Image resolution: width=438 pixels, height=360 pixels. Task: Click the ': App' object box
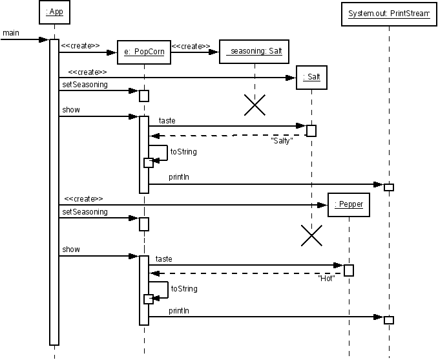pos(54,12)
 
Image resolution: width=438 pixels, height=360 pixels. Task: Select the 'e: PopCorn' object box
pos(144,52)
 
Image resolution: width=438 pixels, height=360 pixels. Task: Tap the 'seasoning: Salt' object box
pos(254,52)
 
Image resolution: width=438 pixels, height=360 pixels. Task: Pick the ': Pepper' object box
pos(349,205)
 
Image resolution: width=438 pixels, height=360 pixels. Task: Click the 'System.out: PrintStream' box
pos(389,14)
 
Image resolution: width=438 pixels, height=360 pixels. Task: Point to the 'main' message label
pos(11,33)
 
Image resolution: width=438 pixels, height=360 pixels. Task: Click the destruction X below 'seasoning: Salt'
pos(255,105)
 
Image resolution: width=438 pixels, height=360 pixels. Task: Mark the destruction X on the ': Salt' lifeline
pos(312,236)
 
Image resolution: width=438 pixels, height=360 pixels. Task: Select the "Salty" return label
pos(282,141)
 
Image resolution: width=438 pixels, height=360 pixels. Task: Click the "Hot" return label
pos(326,278)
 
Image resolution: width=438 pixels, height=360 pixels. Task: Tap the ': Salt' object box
pos(312,78)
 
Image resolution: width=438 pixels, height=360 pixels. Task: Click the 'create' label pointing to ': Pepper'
pos(83,198)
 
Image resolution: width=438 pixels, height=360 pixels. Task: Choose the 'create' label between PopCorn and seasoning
pos(191,46)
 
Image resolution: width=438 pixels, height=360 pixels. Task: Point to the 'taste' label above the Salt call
pos(167,120)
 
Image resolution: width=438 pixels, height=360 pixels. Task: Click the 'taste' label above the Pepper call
pos(163,259)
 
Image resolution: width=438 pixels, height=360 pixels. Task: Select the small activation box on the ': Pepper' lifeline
pos(349,270)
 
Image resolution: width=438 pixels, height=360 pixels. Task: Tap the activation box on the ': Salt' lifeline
pos(311,131)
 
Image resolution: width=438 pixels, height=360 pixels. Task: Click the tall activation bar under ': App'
pos(54,193)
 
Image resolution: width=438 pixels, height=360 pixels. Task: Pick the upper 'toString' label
pos(183,152)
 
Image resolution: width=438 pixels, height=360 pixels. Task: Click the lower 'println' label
pos(179,310)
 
